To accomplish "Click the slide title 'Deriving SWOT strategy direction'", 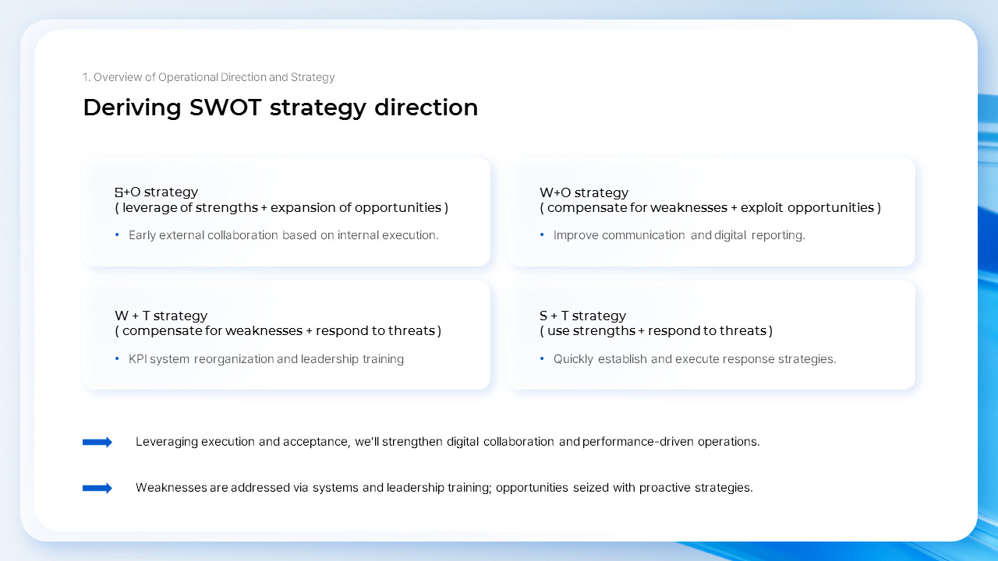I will (280, 108).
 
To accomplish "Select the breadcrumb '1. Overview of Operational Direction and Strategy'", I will (208, 77).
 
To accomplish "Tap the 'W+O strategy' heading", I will (583, 192).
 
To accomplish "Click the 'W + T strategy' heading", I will (161, 316).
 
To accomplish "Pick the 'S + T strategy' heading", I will (582, 316).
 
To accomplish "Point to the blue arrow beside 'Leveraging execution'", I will (97, 442).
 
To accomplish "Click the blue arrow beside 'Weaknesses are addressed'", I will (97, 488).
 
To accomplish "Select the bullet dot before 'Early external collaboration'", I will (117, 235).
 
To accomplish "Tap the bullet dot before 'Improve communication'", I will (542, 235).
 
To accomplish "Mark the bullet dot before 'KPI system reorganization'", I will (117, 359).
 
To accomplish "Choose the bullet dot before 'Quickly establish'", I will (542, 359).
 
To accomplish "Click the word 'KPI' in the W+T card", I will (137, 359).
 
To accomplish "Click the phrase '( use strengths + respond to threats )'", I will (656, 331).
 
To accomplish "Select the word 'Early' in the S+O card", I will (142, 235).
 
